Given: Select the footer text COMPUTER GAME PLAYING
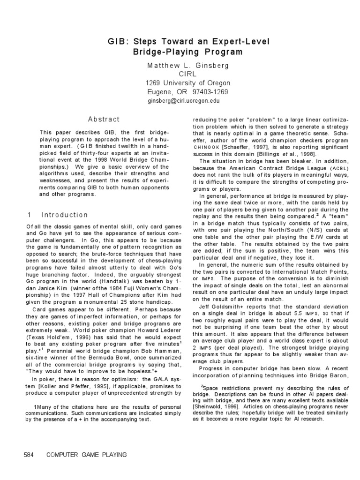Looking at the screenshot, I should click(87, 455).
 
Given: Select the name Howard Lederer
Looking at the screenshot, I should click(142, 330).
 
